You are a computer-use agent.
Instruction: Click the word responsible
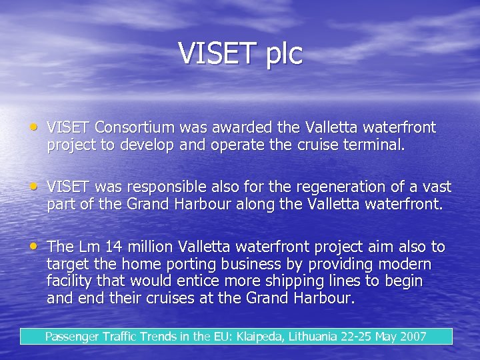[x=159, y=187]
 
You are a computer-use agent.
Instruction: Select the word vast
[x=437, y=187]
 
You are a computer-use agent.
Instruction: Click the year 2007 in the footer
[x=411, y=336]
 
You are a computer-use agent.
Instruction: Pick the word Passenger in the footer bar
[x=72, y=337]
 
